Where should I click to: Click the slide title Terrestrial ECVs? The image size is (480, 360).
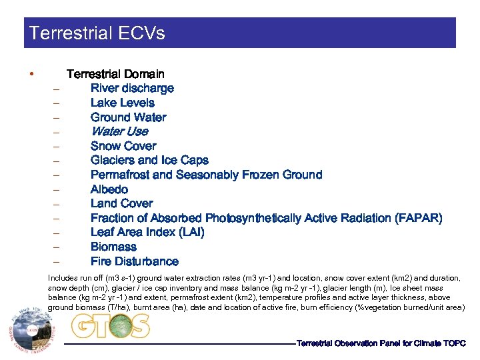[97, 33]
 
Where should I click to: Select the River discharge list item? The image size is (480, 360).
[132, 88]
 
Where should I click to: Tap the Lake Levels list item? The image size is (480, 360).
[123, 103]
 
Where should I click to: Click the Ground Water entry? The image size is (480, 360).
[129, 117]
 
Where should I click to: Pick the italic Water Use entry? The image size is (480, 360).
[119, 131]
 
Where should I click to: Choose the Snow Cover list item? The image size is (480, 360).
[123, 146]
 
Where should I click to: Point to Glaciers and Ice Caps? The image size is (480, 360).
[149, 160]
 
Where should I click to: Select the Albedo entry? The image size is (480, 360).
[109, 189]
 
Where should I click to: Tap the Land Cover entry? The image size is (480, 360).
[122, 203]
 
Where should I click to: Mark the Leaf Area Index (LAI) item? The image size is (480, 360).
[147, 232]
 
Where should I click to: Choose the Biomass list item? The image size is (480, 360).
[113, 247]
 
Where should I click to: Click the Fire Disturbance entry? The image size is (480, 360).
[135, 261]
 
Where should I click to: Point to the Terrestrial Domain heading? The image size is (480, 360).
[115, 74]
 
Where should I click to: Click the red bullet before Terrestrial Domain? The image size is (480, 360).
[31, 73]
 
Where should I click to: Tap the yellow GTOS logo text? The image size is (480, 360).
[110, 325]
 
